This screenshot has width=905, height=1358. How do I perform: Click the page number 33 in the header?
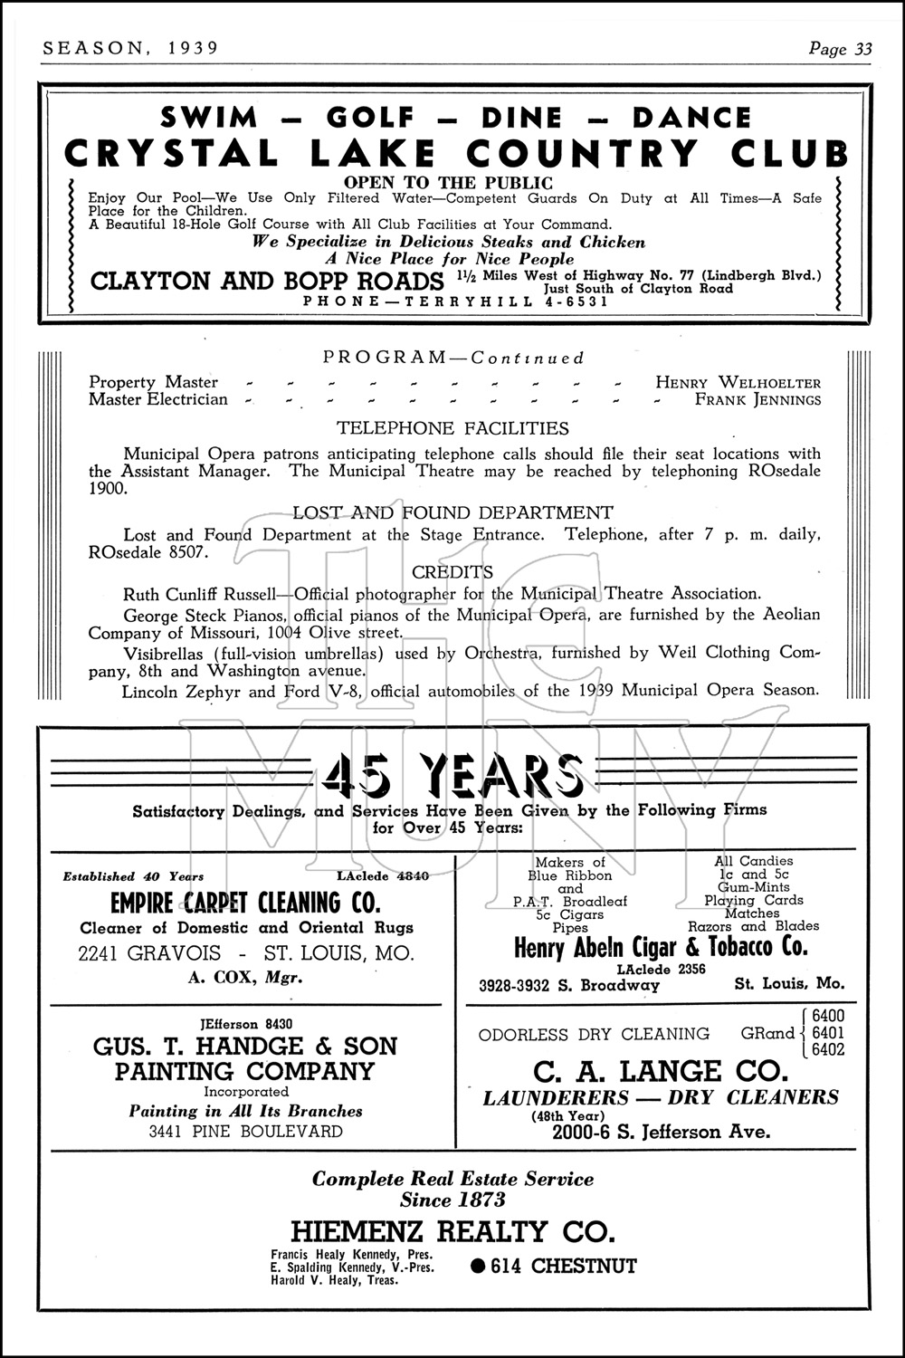click(x=863, y=50)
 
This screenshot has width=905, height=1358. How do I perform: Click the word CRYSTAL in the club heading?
click(x=172, y=154)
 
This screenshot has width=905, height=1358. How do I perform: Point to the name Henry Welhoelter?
click(x=738, y=382)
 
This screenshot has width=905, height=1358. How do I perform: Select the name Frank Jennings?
click(x=757, y=399)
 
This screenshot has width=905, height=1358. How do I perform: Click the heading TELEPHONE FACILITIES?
click(x=452, y=428)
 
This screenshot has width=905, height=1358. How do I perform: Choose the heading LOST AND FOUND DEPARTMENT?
click(x=452, y=512)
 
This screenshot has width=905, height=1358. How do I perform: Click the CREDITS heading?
click(x=452, y=572)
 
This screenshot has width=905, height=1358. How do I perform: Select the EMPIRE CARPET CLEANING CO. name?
click(x=245, y=903)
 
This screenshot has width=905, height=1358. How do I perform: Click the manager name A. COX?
click(x=224, y=977)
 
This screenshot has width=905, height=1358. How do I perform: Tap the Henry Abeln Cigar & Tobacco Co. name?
click(x=661, y=948)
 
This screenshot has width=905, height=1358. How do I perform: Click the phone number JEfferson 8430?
click(x=245, y=1024)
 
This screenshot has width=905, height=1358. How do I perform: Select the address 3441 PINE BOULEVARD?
click(x=245, y=1132)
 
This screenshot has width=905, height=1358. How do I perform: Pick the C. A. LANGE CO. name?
click(x=661, y=1072)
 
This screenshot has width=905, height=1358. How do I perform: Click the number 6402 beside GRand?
click(x=829, y=1050)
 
